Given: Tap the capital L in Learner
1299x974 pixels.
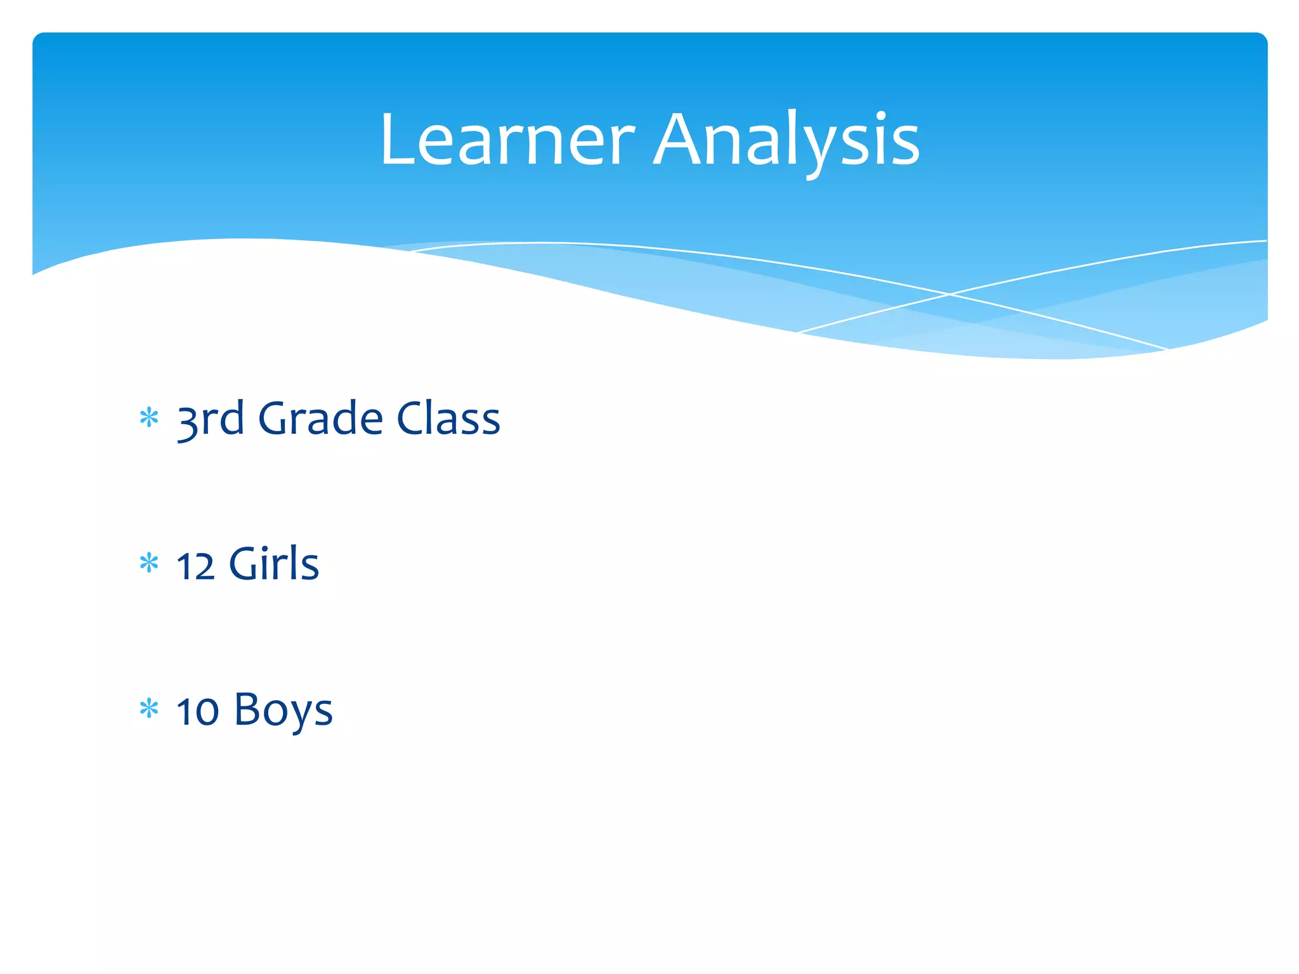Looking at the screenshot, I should click(397, 140).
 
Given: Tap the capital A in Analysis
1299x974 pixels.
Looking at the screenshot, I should click(682, 140).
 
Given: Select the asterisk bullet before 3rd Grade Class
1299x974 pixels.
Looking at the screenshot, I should click(149, 418).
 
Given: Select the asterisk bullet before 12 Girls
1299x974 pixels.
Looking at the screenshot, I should click(149, 563).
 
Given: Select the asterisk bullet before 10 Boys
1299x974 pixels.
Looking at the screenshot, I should click(149, 708).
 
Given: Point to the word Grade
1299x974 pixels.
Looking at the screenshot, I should click(320, 420).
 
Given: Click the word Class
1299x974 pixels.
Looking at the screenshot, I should click(448, 420).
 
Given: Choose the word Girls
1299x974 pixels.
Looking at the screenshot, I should click(273, 564).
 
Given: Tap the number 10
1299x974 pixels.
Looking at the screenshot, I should click(197, 711).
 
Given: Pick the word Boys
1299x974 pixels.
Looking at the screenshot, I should click(283, 711).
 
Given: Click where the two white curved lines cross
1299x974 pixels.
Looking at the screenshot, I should click(950, 294).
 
